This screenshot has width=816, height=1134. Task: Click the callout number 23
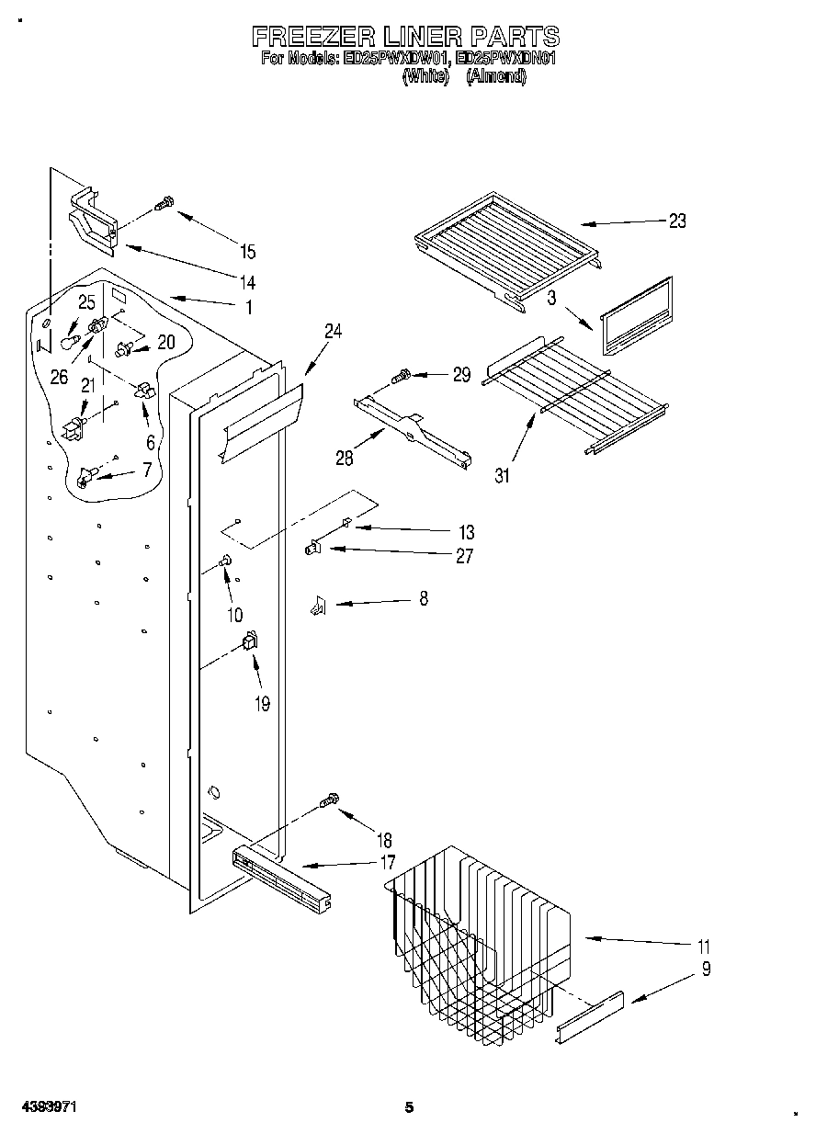pyautogui.click(x=677, y=221)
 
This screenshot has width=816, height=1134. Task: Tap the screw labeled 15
pyautogui.click(x=164, y=203)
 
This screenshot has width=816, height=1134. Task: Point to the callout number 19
pyautogui.click(x=262, y=704)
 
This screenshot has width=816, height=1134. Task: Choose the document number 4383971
pyautogui.click(x=43, y=1107)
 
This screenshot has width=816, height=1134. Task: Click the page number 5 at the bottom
pyautogui.click(x=410, y=1107)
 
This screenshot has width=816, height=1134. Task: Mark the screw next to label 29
pyautogui.click(x=402, y=375)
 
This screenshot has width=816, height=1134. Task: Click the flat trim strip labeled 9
pyautogui.click(x=590, y=1017)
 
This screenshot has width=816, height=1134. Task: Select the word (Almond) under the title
pyautogui.click(x=496, y=78)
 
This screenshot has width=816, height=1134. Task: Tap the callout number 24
pyautogui.click(x=333, y=332)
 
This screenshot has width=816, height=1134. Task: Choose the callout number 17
pyautogui.click(x=388, y=863)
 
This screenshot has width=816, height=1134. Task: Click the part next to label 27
pyautogui.click(x=312, y=550)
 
